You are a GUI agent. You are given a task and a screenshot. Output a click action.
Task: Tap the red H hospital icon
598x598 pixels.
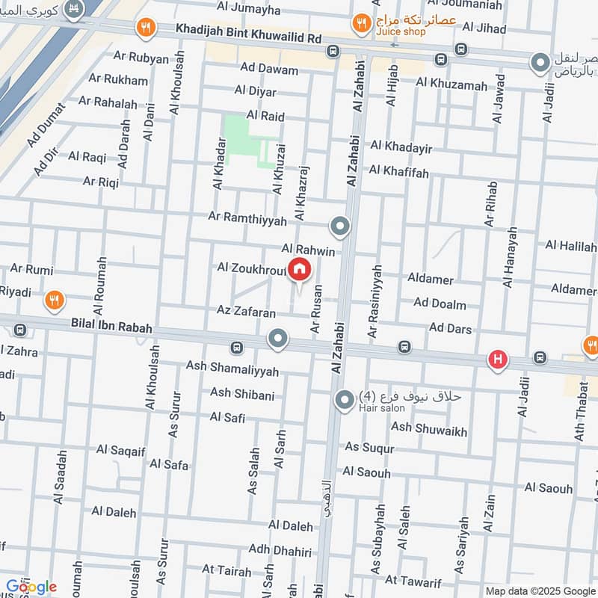coord(498,360)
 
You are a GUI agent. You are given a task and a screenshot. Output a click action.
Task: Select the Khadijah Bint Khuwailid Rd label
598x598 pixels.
coord(248,31)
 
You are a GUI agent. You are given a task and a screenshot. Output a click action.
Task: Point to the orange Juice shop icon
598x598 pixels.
coord(362,24)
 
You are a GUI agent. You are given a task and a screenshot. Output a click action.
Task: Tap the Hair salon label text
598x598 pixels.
coord(382,408)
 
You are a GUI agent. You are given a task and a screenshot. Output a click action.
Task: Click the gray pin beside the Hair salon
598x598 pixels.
coord(345,401)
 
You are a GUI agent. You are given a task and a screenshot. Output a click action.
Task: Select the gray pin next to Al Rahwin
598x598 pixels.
coord(340,226)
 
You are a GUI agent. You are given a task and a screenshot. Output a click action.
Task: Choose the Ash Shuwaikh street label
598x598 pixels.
coord(429,428)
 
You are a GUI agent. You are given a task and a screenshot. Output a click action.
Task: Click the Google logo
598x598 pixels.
coord(31,587)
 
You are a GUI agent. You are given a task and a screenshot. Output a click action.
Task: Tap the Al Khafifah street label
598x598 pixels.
coord(398,173)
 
